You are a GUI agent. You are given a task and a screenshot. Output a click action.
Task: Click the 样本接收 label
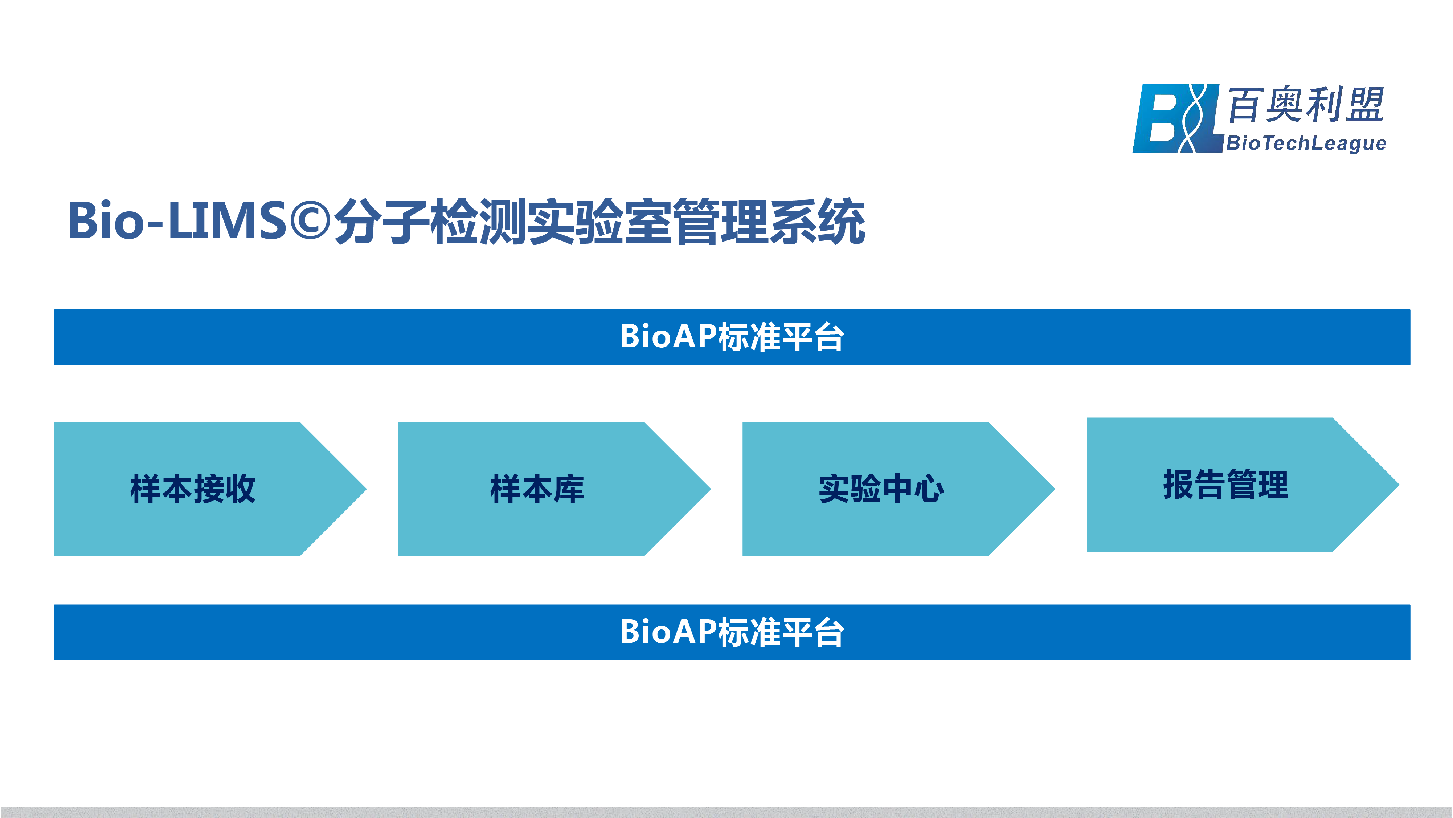pyautogui.click(x=193, y=489)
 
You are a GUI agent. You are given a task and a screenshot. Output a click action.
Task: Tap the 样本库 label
pyautogui.click(x=537, y=489)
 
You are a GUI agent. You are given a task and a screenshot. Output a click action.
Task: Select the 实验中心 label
pyautogui.click(x=881, y=489)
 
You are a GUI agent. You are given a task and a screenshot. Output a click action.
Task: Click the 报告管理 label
pyautogui.click(x=1226, y=484)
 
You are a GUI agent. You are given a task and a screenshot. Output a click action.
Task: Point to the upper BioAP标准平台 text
pyautogui.click(x=732, y=337)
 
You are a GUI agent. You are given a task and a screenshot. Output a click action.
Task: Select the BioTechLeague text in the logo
pyautogui.click(x=1306, y=143)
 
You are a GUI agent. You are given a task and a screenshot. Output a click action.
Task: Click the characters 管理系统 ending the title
pyautogui.click(x=769, y=221)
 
